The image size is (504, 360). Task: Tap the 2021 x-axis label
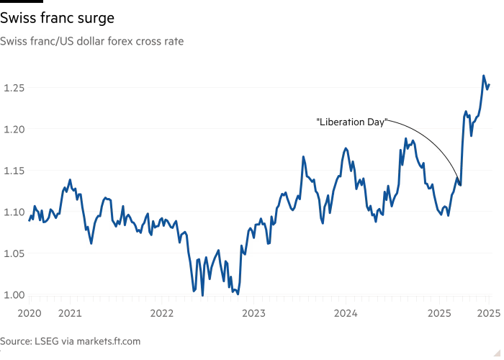tap(69, 313)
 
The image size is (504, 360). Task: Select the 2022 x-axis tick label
tap(161, 313)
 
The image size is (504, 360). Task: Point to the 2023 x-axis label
tap(253, 313)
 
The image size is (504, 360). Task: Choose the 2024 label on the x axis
tap(346, 313)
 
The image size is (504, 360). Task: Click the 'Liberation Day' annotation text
tap(352, 123)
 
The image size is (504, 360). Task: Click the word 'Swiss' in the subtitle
tap(13, 42)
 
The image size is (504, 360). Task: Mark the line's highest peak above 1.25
tap(483, 76)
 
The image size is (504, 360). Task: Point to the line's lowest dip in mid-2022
tap(202, 294)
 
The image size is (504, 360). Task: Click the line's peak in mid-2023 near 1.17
tap(304, 156)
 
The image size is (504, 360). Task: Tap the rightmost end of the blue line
tap(490, 87)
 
